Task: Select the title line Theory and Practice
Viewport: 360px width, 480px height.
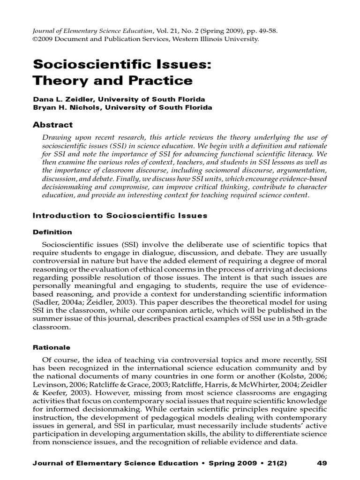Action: [x=112, y=81]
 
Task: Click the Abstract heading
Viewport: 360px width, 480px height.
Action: [x=52, y=125]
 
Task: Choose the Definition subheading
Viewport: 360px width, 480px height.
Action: [x=52, y=232]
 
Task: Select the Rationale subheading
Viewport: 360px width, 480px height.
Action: [x=51, y=347]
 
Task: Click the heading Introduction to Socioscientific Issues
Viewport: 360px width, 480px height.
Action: [x=120, y=216]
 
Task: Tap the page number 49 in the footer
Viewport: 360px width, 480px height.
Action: [x=322, y=463]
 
